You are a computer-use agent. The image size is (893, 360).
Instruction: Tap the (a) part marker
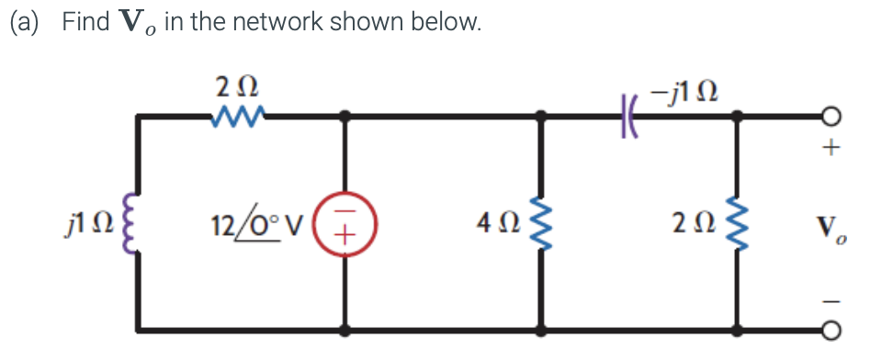pos(26,23)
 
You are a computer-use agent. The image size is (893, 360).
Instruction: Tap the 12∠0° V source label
pos(266,222)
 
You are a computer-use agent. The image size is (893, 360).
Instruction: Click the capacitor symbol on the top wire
pos(629,117)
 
